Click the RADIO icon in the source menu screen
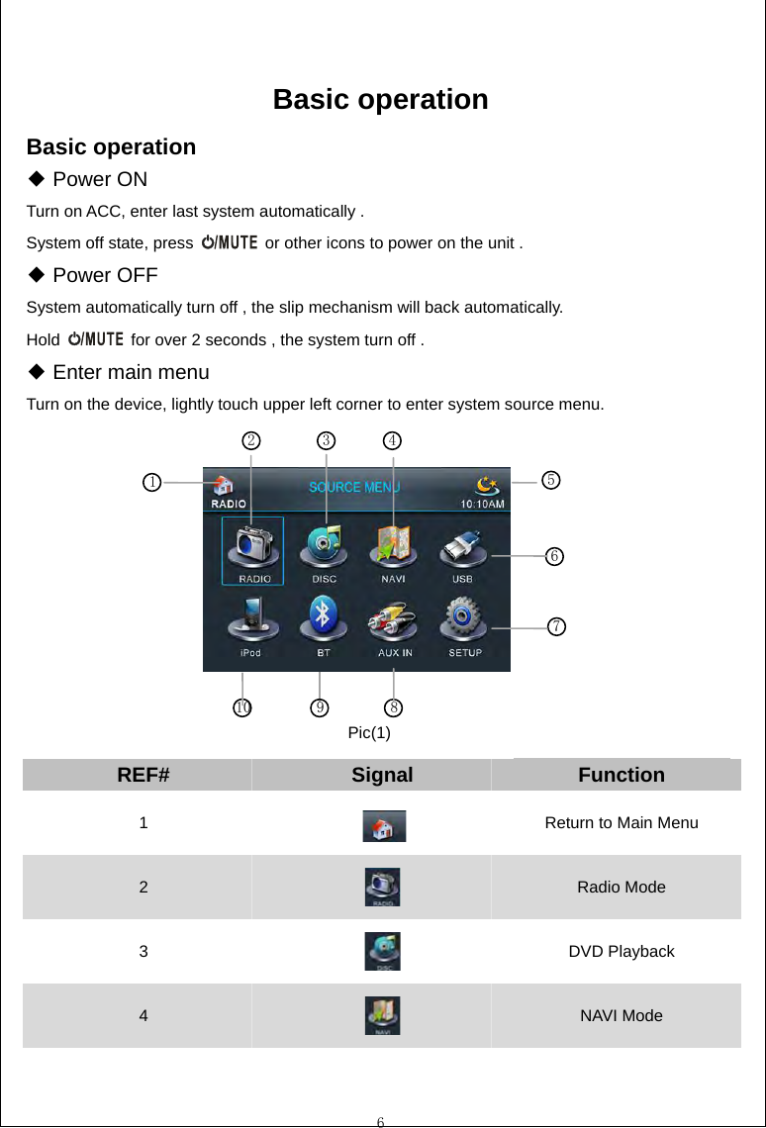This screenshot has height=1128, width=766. coord(253,550)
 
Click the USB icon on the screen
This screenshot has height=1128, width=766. coord(462,550)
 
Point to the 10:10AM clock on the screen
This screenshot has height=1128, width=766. coord(483,503)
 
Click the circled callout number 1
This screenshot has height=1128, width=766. coord(150,482)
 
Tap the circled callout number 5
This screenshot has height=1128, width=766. coord(551,480)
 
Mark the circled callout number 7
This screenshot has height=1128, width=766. coord(558,626)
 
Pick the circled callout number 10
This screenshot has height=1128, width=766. coord(242,706)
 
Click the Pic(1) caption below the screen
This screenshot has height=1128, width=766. coord(369,733)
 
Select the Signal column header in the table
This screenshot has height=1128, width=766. coord(382,775)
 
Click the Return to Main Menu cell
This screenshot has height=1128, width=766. coord(622,823)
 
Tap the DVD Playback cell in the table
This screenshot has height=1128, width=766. coord(622,952)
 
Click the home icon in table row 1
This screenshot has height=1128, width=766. coord(383,825)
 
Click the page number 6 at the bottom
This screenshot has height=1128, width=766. coord(380,1121)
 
